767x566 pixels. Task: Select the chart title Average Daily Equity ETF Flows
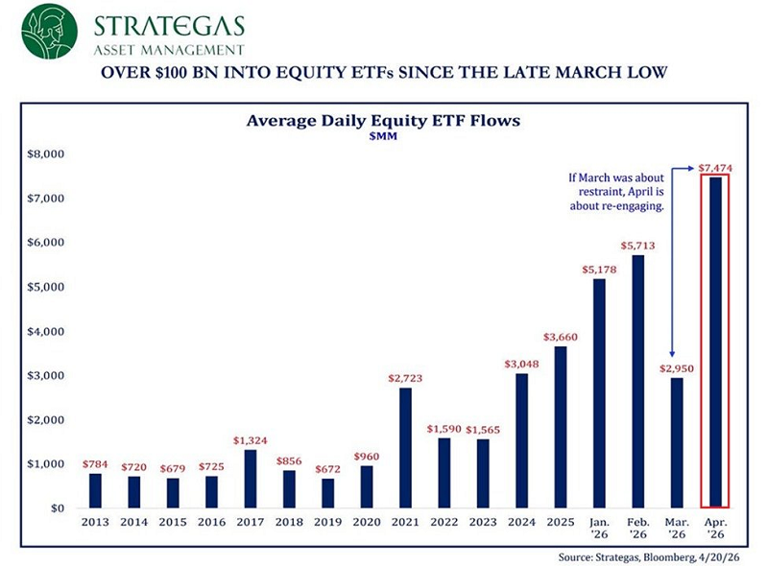(x=383, y=121)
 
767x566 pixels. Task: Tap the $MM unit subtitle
(x=383, y=137)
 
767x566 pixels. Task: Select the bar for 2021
(x=406, y=447)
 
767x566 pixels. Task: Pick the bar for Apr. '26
(x=715, y=342)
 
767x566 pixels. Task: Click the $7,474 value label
(x=715, y=168)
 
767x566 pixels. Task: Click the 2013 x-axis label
(x=95, y=523)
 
